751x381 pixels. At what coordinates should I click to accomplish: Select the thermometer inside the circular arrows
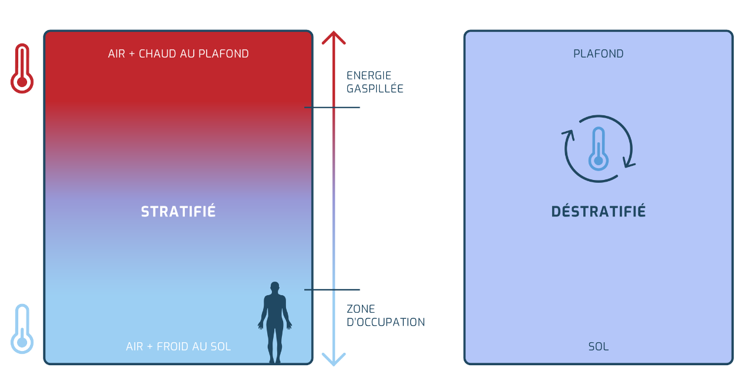coord(598,148)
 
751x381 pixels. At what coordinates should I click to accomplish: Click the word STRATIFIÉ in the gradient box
coord(178,212)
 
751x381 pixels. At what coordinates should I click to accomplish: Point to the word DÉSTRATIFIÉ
coord(599,212)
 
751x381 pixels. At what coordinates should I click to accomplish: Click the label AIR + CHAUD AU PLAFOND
coord(178,54)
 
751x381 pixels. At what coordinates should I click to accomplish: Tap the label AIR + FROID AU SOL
coord(178,346)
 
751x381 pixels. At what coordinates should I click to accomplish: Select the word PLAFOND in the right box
coord(599,54)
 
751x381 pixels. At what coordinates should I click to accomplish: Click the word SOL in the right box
coord(599,346)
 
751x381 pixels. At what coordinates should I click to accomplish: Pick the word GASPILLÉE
coord(375,89)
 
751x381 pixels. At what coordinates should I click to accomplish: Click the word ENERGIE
coord(369,75)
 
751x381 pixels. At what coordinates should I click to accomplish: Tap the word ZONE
coord(361,309)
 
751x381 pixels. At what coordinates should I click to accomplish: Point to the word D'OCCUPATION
coord(386,322)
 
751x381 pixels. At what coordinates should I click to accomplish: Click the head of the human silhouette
coord(274,287)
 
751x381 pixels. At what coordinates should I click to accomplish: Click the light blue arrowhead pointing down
coord(334,359)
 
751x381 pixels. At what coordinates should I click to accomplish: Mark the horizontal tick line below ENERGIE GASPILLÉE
coord(332,108)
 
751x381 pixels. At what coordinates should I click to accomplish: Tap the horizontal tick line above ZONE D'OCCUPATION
coord(332,289)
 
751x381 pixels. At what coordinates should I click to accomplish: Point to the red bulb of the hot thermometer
coord(22,82)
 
